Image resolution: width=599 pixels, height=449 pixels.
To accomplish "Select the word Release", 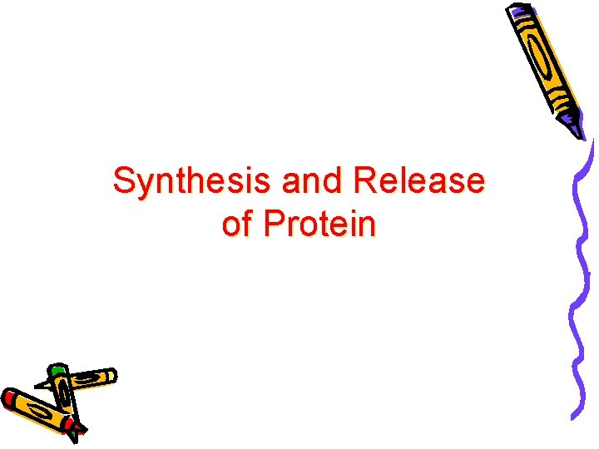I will pyautogui.click(x=419, y=180).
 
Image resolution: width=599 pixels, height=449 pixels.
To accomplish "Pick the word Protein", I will pyautogui.click(x=319, y=224).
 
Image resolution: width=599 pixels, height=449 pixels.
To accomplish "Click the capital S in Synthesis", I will pyautogui.click(x=124, y=180).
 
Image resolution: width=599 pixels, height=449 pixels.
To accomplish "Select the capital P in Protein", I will pyautogui.click(x=274, y=224).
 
